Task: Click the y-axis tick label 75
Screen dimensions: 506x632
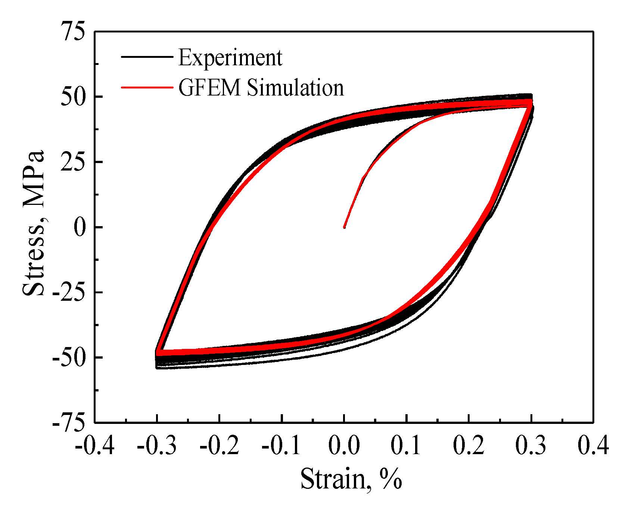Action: coord(73,32)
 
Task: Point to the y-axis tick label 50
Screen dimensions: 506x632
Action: coord(73,97)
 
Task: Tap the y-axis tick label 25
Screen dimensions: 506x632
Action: coord(73,162)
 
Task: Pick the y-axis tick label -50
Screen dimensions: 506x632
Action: coord(69,358)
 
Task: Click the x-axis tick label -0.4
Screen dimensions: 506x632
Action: coord(94,446)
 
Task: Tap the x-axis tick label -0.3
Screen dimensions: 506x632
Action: coord(157,446)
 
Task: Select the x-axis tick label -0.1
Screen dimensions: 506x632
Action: coord(281,446)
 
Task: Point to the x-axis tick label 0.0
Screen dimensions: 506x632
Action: coord(344,446)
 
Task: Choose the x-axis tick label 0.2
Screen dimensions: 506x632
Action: coord(469,446)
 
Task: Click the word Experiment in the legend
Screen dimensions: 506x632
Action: coord(230,58)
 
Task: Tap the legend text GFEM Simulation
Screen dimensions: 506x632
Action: coord(261,88)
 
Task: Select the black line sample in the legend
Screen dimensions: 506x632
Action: coord(147,56)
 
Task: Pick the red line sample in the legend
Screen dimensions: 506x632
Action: coord(147,87)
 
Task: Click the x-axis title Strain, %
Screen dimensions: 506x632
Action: coord(351,479)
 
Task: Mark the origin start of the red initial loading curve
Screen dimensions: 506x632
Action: coord(344,227)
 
